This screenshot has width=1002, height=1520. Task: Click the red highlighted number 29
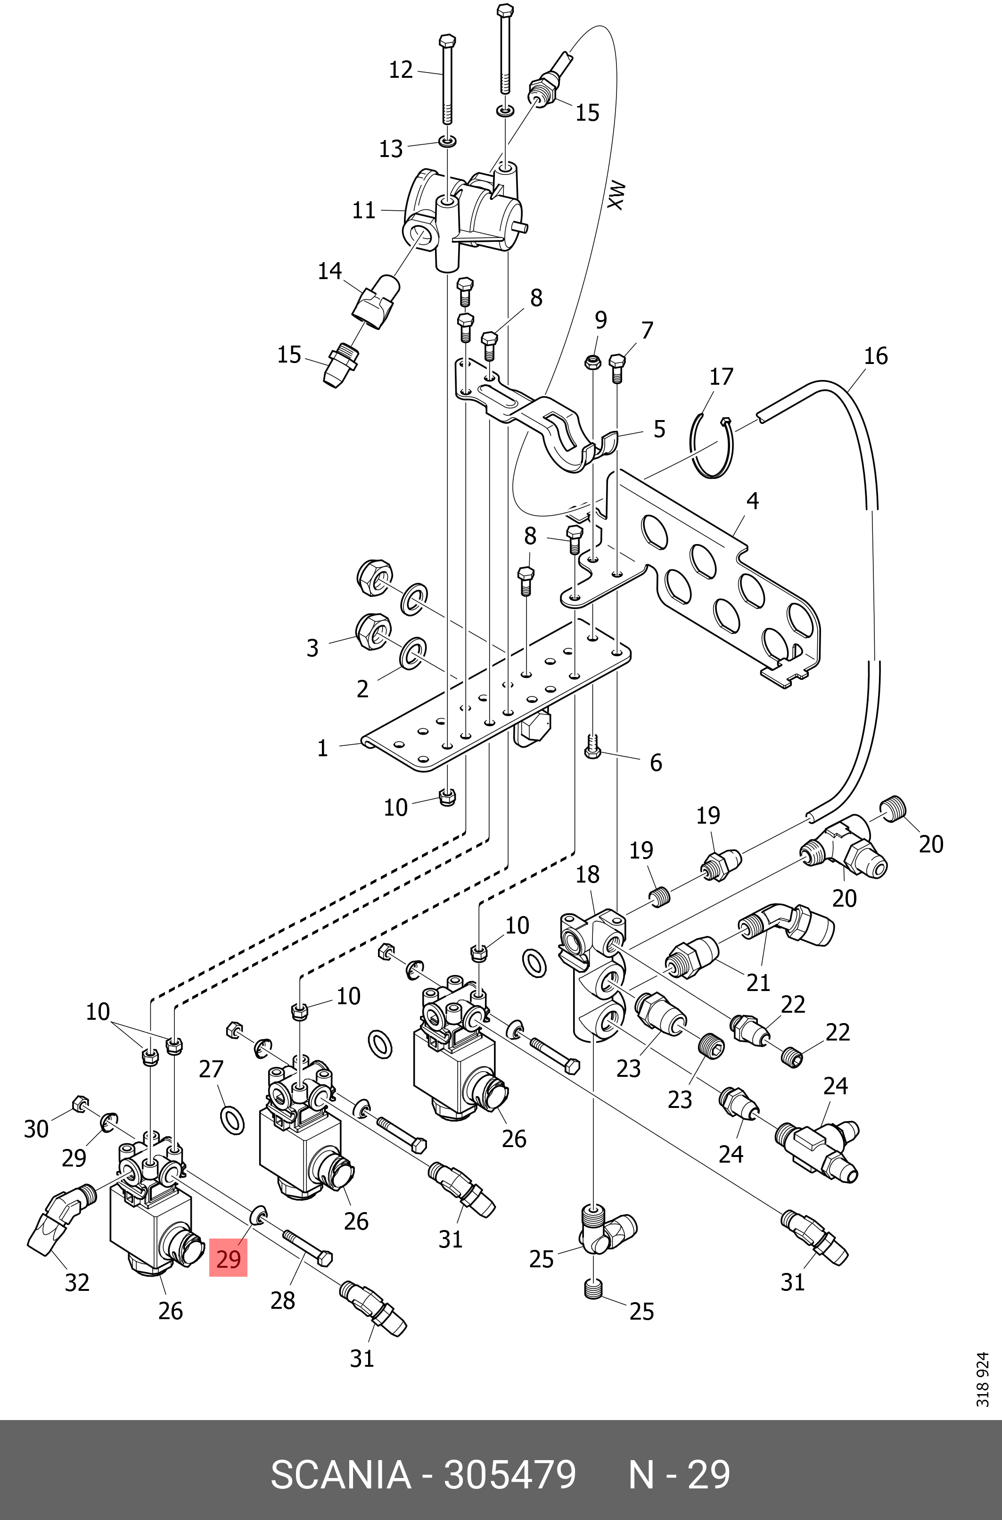tap(228, 1258)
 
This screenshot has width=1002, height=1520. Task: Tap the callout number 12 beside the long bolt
tap(401, 70)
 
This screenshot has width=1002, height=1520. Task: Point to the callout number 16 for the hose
tap(876, 356)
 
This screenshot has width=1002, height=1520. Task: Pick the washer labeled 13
tap(447, 140)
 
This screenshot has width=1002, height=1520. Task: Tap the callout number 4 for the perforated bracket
tap(752, 501)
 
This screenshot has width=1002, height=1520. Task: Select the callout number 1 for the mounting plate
tap(323, 748)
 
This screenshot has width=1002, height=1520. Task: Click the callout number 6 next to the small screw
tap(656, 762)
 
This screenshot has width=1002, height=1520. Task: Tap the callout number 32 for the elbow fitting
tap(77, 1282)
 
